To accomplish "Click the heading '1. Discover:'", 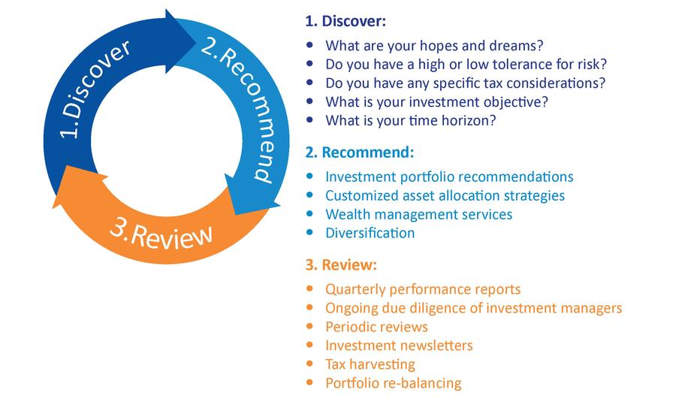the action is (345, 21).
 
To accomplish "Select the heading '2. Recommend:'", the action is (360, 152).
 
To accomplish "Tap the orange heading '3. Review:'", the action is (341, 264).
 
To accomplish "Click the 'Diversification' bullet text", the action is (370, 233).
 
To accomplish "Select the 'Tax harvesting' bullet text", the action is (370, 364).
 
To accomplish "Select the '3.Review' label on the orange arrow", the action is (161, 234).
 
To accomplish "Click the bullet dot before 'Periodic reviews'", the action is (309, 326).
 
